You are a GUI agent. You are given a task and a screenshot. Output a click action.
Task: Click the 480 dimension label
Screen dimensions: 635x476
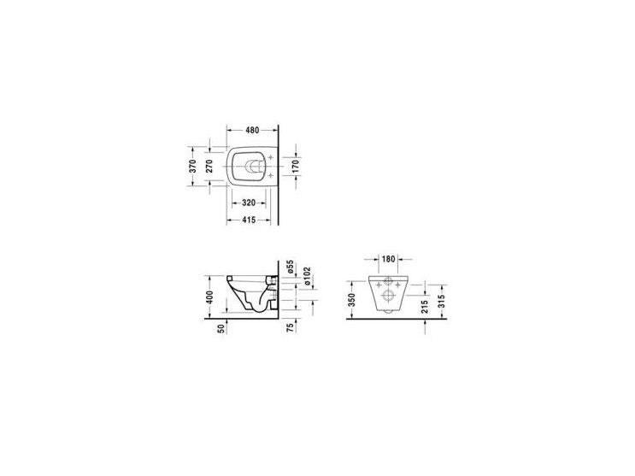pos(252,130)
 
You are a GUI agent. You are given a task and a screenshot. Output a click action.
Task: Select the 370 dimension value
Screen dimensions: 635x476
pos(193,166)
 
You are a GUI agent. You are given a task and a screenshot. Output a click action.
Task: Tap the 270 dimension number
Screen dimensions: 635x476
pos(209,166)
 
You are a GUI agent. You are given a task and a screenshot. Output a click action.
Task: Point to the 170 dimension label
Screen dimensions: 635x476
pos(295,166)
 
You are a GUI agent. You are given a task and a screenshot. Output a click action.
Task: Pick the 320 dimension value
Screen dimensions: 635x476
pos(248,203)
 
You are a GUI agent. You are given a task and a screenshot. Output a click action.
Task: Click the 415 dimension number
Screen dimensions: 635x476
pos(249,220)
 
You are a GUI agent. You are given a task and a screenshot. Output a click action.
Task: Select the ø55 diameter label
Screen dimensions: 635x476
pos(290,267)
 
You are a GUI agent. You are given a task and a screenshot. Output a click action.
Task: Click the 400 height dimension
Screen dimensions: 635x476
pos(209,297)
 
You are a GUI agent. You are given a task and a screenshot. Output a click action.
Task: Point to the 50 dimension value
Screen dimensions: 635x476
pos(220,328)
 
